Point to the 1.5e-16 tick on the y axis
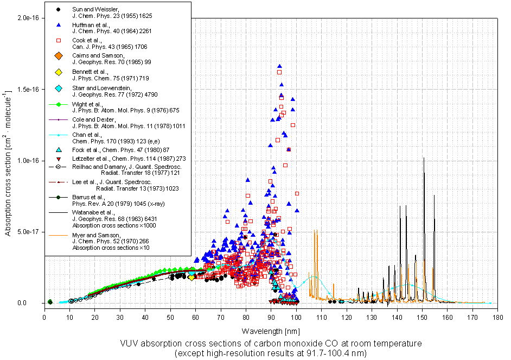click(28, 89)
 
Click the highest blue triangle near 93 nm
click(279, 66)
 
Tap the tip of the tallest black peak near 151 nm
click(424, 158)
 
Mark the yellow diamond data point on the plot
click(191, 277)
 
